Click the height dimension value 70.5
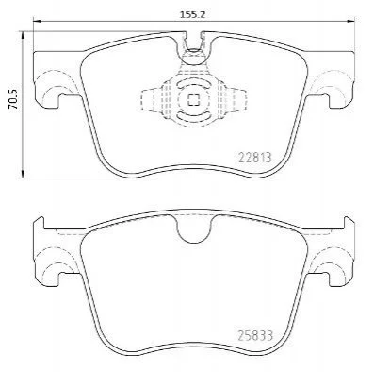14,99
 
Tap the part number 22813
255,157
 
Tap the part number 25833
255,335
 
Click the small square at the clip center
193,100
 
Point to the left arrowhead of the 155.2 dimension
37,21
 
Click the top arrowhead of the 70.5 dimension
23,35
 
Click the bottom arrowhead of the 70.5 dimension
23,174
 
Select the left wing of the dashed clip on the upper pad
151,100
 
